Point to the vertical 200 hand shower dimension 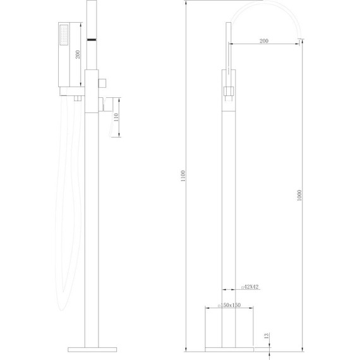pos(78,54)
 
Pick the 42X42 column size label pos(250,287)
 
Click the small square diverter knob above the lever pos(103,83)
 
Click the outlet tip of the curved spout pos(299,42)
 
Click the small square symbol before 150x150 pos(219,305)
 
